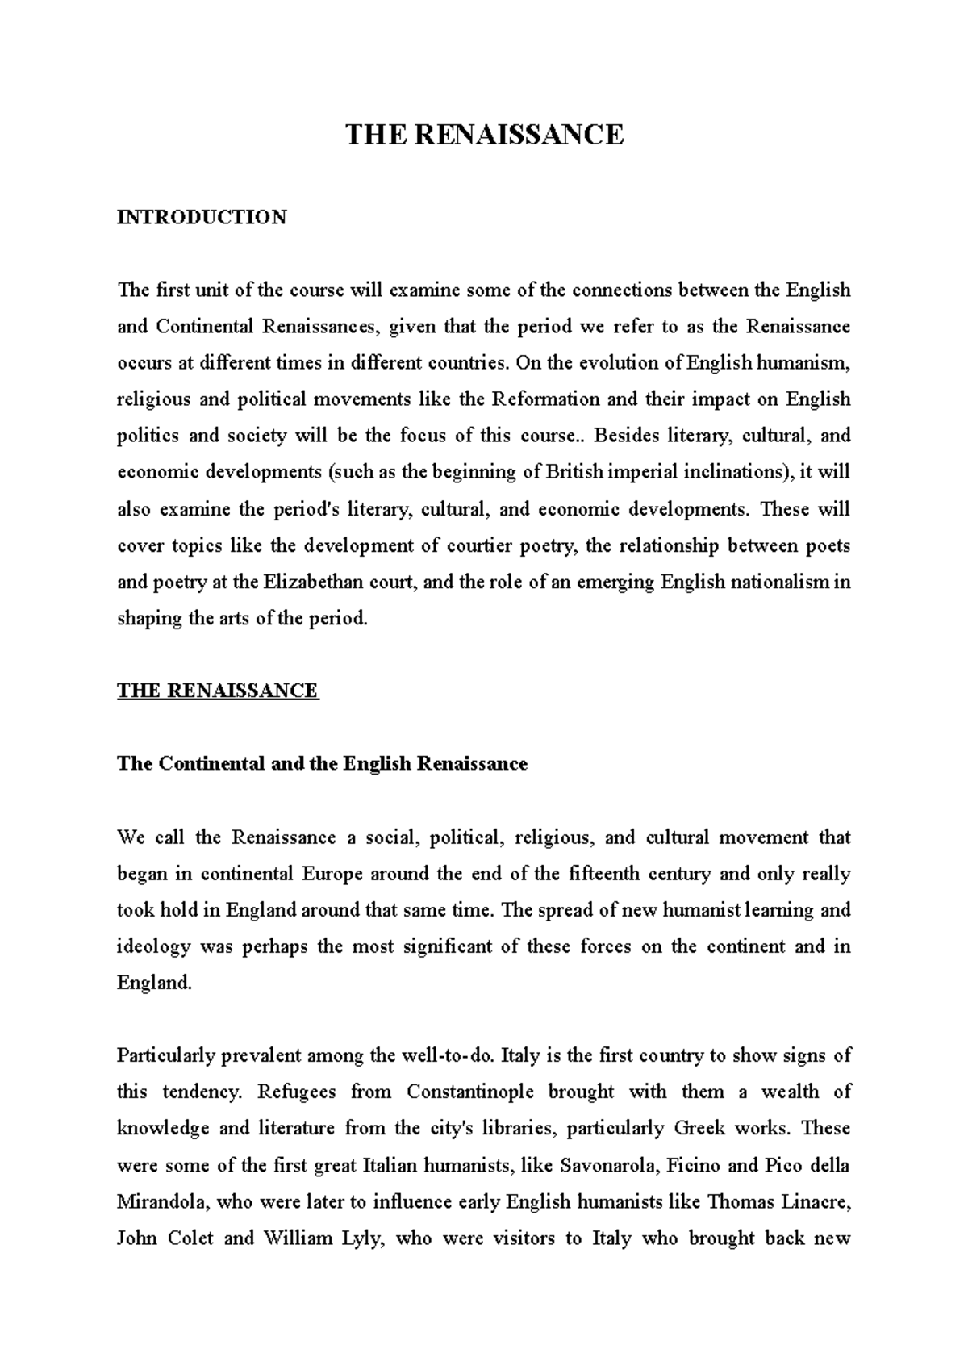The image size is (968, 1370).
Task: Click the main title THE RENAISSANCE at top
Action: (484, 134)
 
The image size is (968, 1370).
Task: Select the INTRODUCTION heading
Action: (202, 217)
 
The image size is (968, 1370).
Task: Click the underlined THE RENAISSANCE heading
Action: (218, 691)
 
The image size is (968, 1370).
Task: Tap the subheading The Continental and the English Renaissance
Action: (322, 763)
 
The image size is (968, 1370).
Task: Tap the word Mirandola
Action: (164, 1202)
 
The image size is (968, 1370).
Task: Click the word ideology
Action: (154, 947)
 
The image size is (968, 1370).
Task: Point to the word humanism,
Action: (803, 363)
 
